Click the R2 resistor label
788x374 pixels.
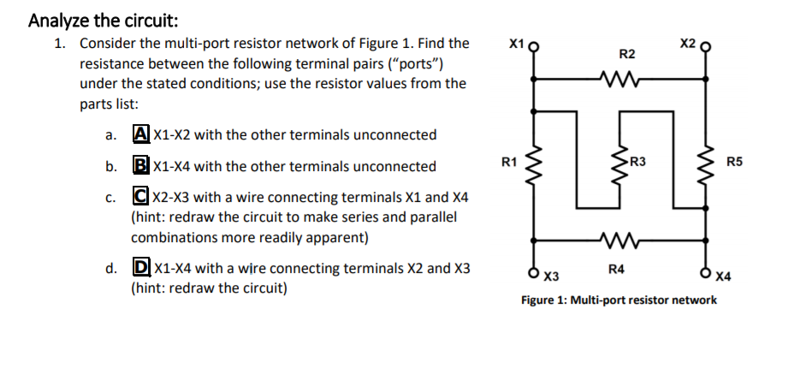click(x=626, y=55)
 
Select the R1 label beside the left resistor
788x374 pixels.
click(x=508, y=160)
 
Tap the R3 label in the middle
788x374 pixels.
click(x=637, y=161)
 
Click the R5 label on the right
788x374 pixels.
click(x=735, y=161)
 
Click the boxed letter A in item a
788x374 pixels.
click(x=139, y=134)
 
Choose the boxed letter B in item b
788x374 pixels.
click(x=139, y=166)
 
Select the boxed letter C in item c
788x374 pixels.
click(x=139, y=198)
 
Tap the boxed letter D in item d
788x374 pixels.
click(x=139, y=268)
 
